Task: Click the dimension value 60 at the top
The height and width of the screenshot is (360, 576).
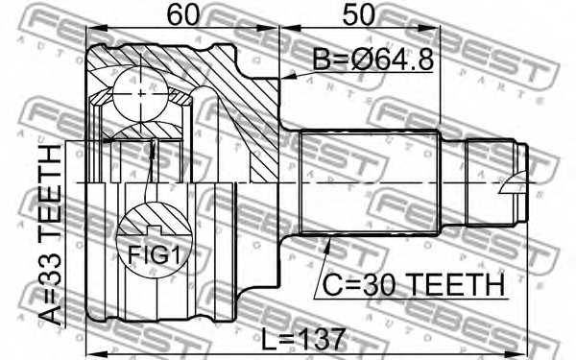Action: coord(182,14)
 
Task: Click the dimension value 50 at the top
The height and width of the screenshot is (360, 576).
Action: coord(358,14)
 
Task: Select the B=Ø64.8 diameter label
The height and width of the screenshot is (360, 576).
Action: coord(372,59)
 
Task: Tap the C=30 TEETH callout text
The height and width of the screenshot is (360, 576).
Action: coord(413,285)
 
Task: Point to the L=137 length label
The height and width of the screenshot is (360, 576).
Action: coord(303,339)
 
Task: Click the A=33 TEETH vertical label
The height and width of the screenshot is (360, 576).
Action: coord(50,235)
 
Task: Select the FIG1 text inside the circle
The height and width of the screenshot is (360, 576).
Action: coord(155,255)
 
